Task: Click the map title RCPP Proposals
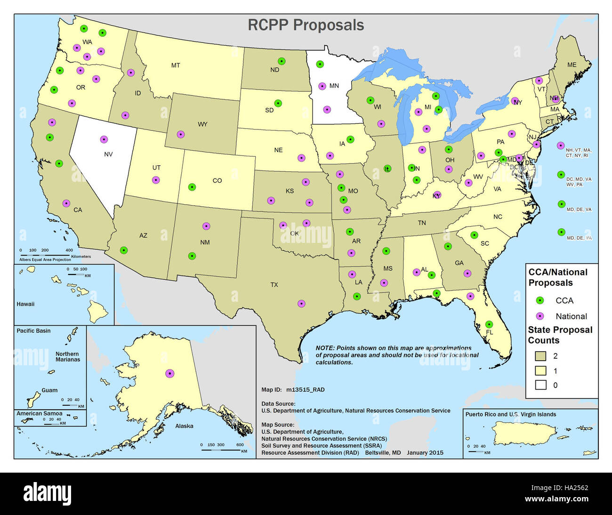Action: pyautogui.click(x=306, y=25)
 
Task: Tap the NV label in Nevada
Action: pyautogui.click(x=108, y=154)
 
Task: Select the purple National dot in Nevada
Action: pyautogui.click(x=104, y=139)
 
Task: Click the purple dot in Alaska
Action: pyautogui.click(x=169, y=373)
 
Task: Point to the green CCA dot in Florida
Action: pyautogui.click(x=489, y=324)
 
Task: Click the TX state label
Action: pyautogui.click(x=274, y=285)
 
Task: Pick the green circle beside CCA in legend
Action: pyautogui.click(x=540, y=300)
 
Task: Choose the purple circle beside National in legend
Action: pyautogui.click(x=540, y=316)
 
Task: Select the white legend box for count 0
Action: pyautogui.click(x=540, y=385)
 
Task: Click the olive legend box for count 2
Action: pyautogui.click(x=540, y=356)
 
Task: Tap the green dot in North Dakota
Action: pyautogui.click(x=282, y=61)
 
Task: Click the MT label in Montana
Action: pyautogui.click(x=175, y=65)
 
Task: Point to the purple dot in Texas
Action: pyautogui.click(x=301, y=304)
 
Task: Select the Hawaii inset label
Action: pyautogui.click(x=25, y=304)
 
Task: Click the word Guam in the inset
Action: pyautogui.click(x=49, y=390)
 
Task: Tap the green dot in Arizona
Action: pyautogui.click(x=123, y=250)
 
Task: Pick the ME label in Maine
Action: pyautogui.click(x=572, y=65)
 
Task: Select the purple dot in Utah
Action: pyautogui.click(x=156, y=180)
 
